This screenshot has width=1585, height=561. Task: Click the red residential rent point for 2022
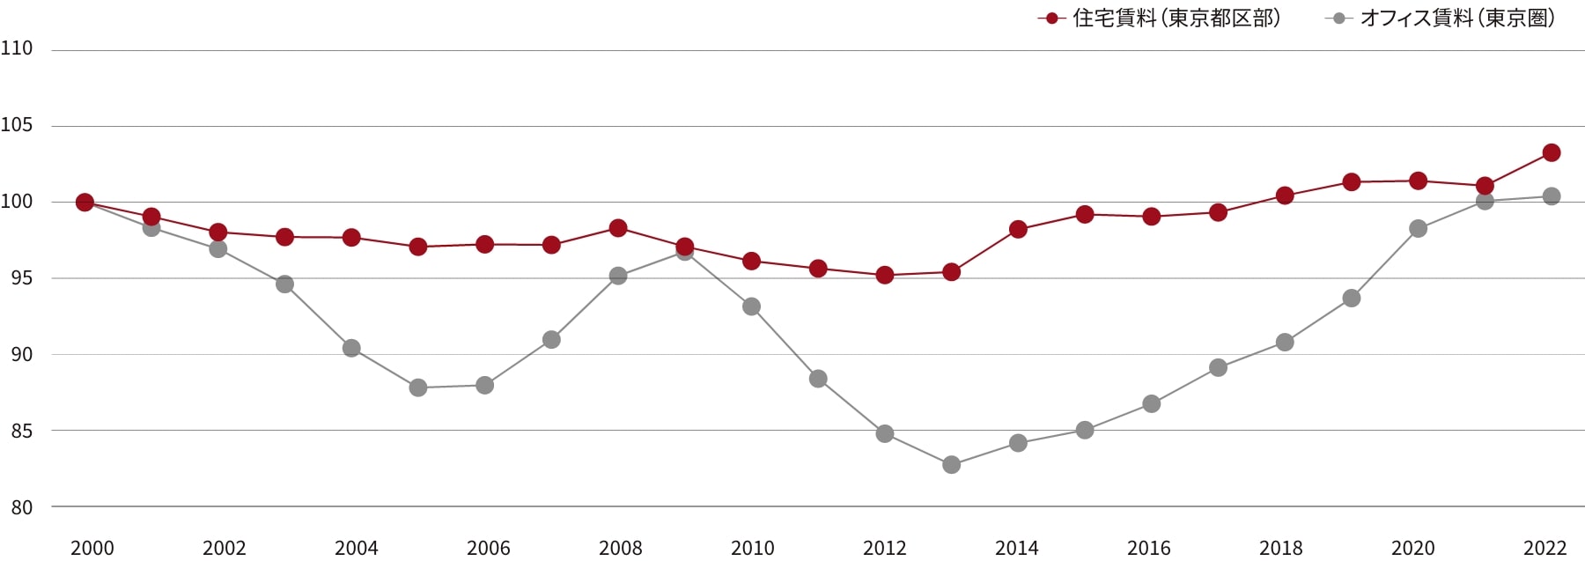pos(1552,152)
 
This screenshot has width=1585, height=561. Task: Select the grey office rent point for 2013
pos(951,464)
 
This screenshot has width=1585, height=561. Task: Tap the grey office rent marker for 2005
pos(418,388)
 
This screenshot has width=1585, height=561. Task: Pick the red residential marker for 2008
pos(618,228)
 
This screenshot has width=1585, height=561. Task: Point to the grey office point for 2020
pos(1418,228)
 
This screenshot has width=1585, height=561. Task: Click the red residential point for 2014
pos(1018,229)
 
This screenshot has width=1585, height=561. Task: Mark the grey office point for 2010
pos(751,306)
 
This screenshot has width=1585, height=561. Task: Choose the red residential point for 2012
pos(885,275)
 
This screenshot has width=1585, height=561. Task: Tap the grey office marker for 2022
pos(1552,196)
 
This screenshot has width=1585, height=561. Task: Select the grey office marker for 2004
pos(351,348)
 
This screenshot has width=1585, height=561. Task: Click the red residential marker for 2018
pos(1285,196)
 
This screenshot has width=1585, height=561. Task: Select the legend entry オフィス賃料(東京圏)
pos(1441,18)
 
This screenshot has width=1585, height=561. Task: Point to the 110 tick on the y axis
pos(17,48)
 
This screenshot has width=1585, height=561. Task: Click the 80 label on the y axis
pos(22,507)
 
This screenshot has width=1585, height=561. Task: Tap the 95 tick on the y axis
pos(22,278)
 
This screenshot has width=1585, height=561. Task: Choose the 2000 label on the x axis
pos(92,548)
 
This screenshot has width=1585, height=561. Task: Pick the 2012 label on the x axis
pos(885,548)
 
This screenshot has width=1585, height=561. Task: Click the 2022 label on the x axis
pos(1545,548)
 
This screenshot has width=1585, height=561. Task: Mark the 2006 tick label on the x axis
pos(489,548)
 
